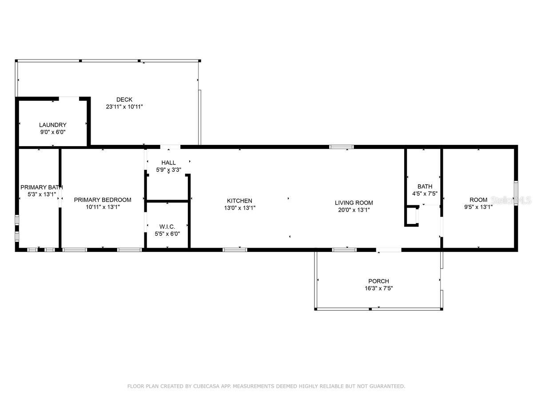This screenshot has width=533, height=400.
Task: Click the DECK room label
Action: [x=124, y=100]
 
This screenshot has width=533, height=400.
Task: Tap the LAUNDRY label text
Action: [x=52, y=125]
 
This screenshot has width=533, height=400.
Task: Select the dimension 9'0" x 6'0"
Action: [x=52, y=132]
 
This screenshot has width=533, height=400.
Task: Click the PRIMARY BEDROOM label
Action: [x=103, y=200]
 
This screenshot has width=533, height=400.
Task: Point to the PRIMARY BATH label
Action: [x=41, y=187]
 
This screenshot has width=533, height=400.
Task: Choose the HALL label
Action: [x=168, y=163]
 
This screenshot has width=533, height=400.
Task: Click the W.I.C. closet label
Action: [x=168, y=227]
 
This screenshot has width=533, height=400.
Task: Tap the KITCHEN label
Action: [x=239, y=201]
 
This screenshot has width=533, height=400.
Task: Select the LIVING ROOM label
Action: [x=354, y=203]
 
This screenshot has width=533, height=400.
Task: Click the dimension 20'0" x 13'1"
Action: [x=354, y=210]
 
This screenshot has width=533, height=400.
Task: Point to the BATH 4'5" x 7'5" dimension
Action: [x=425, y=193]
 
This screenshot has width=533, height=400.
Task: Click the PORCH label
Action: [x=378, y=281]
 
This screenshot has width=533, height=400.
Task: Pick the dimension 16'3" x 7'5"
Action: [x=378, y=288]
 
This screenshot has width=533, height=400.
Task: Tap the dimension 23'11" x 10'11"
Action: [x=124, y=107]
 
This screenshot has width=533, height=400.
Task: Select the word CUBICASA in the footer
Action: [x=209, y=386]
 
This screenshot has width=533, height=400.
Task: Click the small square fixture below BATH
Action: [x=412, y=216]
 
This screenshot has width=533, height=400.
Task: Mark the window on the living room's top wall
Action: [x=341, y=147]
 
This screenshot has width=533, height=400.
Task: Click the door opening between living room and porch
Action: [x=389, y=250]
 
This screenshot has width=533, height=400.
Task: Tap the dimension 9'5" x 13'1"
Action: [x=478, y=207]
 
